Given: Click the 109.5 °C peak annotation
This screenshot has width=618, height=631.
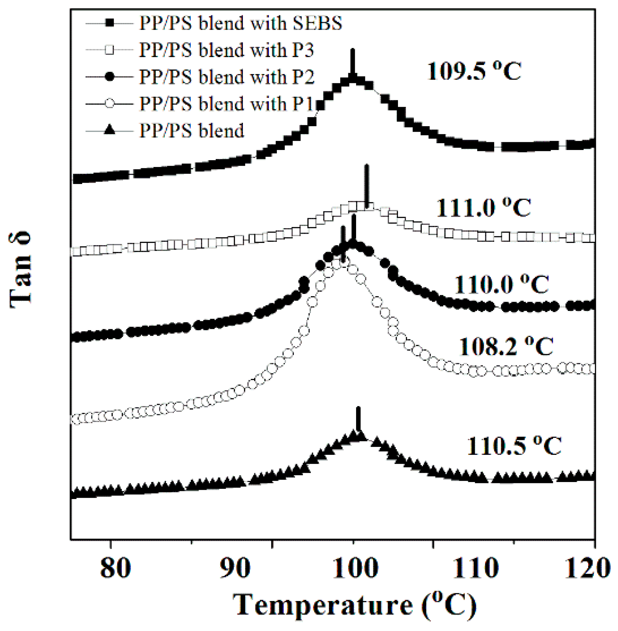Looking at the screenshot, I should pyautogui.click(x=474, y=71).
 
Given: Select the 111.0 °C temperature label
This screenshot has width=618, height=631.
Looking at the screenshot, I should pyautogui.click(x=483, y=207).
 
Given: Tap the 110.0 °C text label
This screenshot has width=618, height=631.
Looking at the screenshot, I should pyautogui.click(x=502, y=284).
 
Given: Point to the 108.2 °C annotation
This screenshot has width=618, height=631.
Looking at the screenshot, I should pyautogui.click(x=506, y=346).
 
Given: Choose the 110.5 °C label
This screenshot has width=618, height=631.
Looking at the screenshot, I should pyautogui.click(x=514, y=446).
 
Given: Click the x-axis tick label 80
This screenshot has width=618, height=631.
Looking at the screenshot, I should pyautogui.click(x=116, y=568).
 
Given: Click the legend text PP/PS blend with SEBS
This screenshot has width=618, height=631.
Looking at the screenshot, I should pyautogui.click(x=241, y=23).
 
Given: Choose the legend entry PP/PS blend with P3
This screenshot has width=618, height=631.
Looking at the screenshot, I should pyautogui.click(x=227, y=50).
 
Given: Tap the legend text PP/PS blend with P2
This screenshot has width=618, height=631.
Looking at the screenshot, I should pyautogui.click(x=227, y=77).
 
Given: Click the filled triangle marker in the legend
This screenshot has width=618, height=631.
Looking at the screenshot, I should pyautogui.click(x=109, y=130).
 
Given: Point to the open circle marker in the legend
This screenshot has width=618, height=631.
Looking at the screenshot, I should pyautogui.click(x=109, y=103).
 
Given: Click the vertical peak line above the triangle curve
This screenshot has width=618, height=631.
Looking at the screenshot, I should pyautogui.click(x=358, y=419).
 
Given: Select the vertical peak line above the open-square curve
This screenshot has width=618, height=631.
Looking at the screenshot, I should pyautogui.click(x=366, y=185).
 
